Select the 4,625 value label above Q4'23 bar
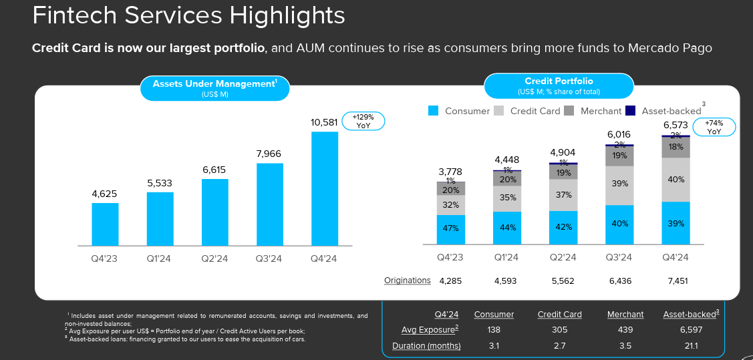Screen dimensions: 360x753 [x=104, y=194]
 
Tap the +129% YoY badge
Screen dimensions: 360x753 [x=363, y=121]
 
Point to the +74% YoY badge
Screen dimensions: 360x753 [x=714, y=127]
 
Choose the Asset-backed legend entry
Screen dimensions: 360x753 [x=664, y=111]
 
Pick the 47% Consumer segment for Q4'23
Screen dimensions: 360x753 [x=451, y=229]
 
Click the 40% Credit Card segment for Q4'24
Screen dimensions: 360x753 [x=675, y=180]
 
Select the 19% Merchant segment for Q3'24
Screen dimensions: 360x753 [x=619, y=156]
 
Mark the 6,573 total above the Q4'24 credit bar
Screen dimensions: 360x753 [x=675, y=126]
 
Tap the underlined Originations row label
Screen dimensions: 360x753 [x=408, y=281]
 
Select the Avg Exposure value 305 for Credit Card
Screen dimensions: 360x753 [x=559, y=330]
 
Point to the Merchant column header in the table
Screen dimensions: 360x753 [x=625, y=314]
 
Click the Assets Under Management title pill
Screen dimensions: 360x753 [x=214, y=87]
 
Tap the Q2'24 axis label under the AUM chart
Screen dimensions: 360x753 [x=214, y=259]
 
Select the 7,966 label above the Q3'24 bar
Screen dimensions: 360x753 [x=269, y=154]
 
